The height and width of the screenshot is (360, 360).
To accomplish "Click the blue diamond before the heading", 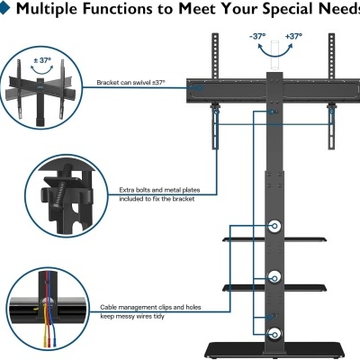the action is coord(4,8).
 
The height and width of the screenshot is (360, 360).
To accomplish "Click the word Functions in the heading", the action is coord(117,9).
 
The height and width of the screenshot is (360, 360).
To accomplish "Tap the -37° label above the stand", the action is coord(257,37).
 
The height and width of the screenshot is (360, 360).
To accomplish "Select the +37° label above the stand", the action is coord(293,37).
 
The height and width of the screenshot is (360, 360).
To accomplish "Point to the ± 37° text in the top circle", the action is coord(42,60).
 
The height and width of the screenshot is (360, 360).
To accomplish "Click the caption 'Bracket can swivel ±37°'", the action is coord(131,83).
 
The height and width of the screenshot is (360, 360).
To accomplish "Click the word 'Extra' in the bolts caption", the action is coord(127,190).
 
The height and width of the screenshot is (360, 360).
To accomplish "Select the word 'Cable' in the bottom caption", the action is coord(108,307).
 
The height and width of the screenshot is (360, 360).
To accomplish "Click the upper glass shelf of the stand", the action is coord(274,239).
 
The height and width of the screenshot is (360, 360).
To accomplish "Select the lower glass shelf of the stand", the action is coord(274,288).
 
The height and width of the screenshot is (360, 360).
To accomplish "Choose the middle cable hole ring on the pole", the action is coord(274,278).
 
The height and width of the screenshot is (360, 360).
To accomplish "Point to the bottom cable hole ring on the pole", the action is coord(274,334).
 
